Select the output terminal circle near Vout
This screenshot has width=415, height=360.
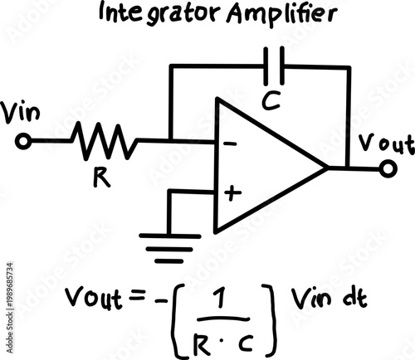point(386,168)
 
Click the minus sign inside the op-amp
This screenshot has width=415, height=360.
point(231,144)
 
